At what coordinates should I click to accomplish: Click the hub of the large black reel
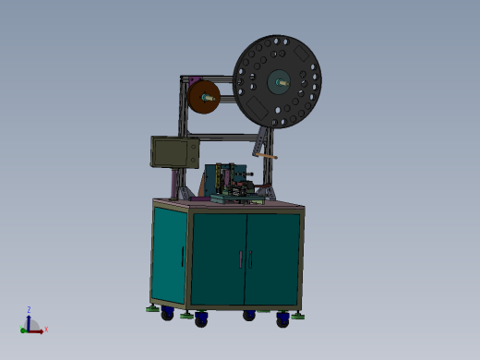pos(277,81)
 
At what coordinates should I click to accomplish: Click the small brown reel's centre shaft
pos(205,95)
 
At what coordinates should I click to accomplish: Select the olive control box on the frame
pos(174,152)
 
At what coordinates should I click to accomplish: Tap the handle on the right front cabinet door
pos(250,259)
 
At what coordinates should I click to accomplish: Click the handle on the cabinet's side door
pos(183,256)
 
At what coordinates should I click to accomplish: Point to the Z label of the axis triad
pos(30,310)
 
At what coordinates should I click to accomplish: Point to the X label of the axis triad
pos(46,330)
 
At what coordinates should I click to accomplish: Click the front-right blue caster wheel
pos(282,321)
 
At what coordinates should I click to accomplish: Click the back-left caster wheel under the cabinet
pos(167,314)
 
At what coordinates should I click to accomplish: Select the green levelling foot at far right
pos(298,315)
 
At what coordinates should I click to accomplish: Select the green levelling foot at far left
pos(152,308)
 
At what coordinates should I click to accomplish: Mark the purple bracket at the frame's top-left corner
pos(185,81)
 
